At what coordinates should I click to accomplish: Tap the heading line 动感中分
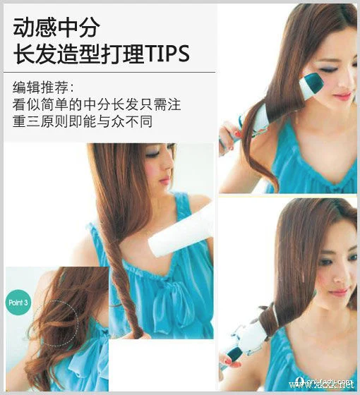[x=56, y=27]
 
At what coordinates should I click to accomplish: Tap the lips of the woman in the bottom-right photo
[x=338, y=291]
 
